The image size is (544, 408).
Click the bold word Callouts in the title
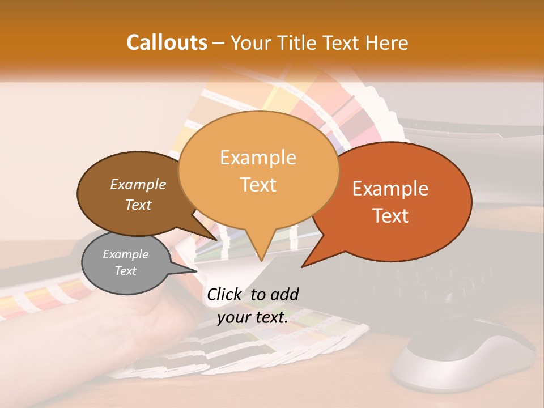(167, 42)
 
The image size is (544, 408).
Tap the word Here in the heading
(385, 42)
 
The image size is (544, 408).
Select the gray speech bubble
(126, 263)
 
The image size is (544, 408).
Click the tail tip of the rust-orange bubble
(303, 266)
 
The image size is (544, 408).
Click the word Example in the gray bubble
(125, 254)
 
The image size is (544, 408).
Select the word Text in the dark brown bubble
(138, 205)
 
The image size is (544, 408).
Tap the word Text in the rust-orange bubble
(391, 215)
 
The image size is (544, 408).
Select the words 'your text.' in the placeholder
(253, 317)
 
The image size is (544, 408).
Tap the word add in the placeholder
(284, 294)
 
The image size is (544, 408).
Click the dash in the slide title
(219, 42)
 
